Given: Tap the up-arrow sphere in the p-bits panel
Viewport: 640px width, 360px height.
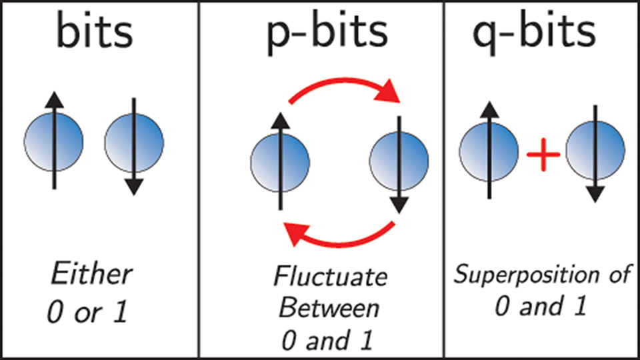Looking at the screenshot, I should click(280, 161).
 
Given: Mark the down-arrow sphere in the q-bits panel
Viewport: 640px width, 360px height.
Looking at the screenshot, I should click(595, 152).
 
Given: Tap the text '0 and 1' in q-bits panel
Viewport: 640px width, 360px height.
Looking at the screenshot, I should click(541, 307).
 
